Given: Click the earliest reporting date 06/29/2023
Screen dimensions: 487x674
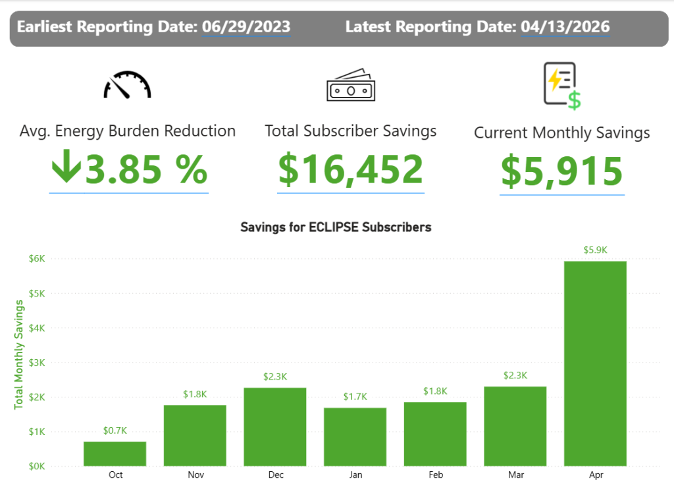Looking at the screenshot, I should (246, 27).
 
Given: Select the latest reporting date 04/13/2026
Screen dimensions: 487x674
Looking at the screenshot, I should (565, 27).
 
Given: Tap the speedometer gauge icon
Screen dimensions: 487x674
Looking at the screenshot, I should (127, 85).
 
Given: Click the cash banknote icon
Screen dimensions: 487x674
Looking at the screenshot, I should (350, 86).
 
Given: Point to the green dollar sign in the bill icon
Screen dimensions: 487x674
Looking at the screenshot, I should (574, 100).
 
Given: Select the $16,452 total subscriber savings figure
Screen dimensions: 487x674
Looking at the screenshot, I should (350, 169).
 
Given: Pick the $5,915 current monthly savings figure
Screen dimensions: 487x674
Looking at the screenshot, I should (561, 171).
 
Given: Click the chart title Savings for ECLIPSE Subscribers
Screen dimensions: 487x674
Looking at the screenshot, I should (336, 227).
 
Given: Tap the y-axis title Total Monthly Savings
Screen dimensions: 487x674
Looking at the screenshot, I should (18, 354).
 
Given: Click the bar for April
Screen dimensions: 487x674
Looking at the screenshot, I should (595, 363).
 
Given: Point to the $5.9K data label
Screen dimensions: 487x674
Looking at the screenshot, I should (595, 250).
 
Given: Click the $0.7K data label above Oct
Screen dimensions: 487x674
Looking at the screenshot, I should (115, 430).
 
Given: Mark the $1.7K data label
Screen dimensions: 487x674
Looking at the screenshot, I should (355, 397).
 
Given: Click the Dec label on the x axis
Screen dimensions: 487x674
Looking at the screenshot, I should (275, 474).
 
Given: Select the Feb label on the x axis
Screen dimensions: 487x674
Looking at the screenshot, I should (435, 474).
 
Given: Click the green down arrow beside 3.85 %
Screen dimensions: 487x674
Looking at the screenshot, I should (66, 169).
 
